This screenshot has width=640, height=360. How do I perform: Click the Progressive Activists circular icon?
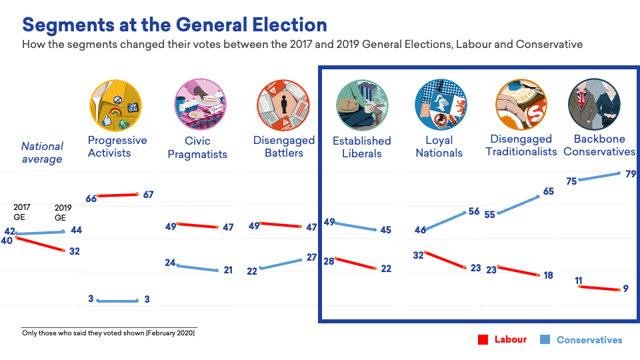(x=116, y=105)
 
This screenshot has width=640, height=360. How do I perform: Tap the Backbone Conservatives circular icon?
(x=595, y=105)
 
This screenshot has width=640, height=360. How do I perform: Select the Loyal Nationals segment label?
(x=439, y=147)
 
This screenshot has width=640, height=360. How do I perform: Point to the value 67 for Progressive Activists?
(x=148, y=195)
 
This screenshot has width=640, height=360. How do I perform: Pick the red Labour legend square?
(x=484, y=340)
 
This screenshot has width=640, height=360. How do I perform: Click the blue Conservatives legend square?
(x=545, y=340)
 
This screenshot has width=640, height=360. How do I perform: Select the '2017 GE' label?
(x=23, y=212)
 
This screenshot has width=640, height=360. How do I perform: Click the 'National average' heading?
(x=42, y=153)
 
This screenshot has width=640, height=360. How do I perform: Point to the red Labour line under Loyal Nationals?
(x=445, y=261)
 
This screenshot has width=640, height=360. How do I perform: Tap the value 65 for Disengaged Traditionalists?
(x=549, y=191)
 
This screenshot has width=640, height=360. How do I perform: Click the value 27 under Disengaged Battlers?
(x=311, y=257)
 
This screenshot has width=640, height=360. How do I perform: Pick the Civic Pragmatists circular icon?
(x=197, y=105)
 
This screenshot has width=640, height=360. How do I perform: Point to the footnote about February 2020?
(x=109, y=333)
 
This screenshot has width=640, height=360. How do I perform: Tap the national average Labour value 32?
(x=75, y=252)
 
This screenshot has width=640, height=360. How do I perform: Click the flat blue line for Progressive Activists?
(x=118, y=301)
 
